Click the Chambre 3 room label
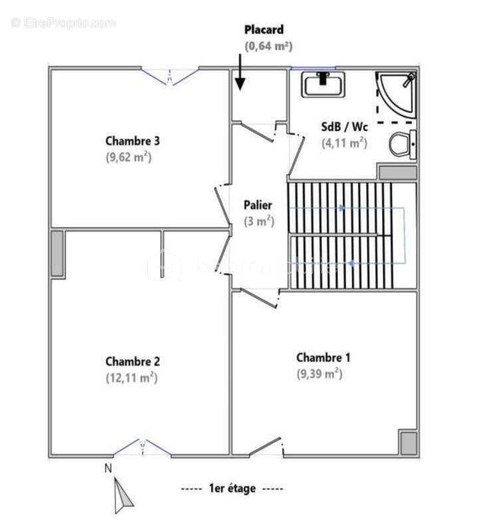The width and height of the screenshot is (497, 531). coord(132,141)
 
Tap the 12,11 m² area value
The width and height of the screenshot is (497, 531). coord(132,378)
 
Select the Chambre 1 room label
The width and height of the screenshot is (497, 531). coord(323,357)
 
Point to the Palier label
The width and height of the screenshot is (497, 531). coord(258,205)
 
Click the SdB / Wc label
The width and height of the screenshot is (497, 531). coord(345,126)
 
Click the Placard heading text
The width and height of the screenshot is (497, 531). coord(264,29)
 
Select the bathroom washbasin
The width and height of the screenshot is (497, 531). coord(324,84)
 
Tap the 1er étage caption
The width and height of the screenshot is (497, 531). coord(232,489)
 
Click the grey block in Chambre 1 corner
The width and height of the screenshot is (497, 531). coord(408,443)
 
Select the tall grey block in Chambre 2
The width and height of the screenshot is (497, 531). coord(57,254)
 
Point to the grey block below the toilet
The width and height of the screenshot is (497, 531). coord(397,173)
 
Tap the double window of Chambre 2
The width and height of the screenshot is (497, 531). coord(142,447)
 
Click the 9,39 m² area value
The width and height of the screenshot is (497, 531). coord(320,374)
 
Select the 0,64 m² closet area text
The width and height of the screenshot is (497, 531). coord(268,46)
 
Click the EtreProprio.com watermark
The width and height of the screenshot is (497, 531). coord(63,23)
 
